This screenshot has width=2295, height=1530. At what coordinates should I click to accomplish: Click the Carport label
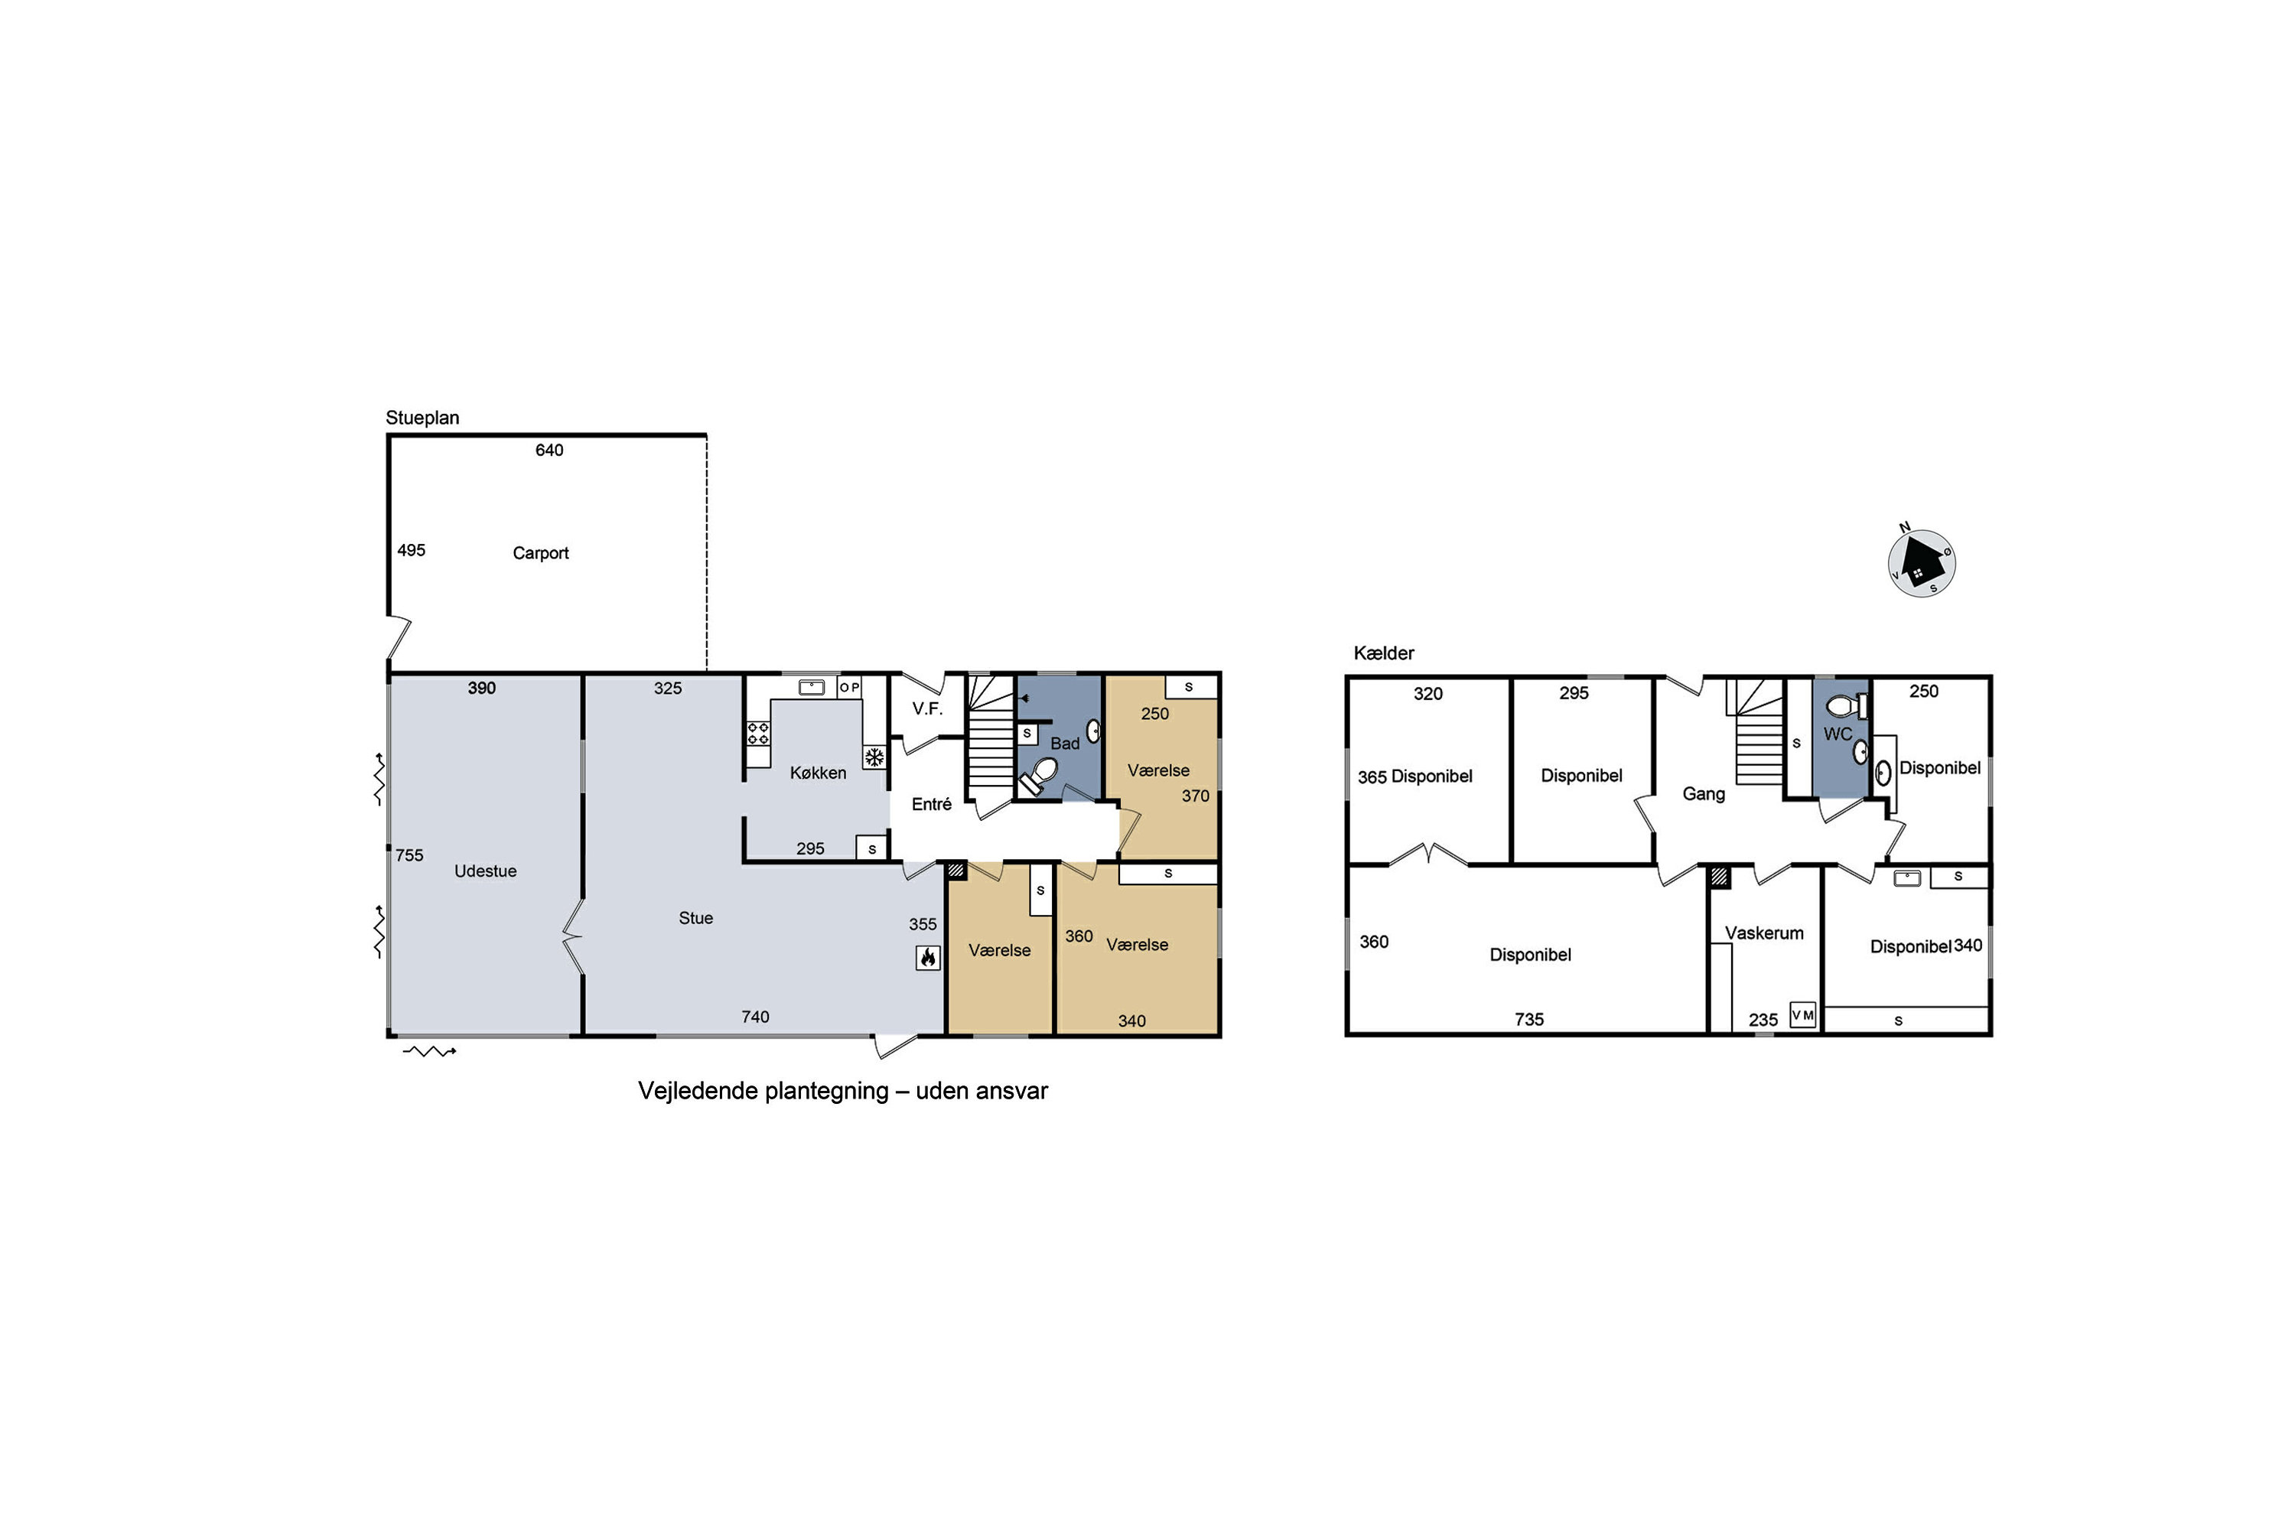point(541,553)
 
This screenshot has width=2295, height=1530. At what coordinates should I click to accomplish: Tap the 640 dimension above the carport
point(549,450)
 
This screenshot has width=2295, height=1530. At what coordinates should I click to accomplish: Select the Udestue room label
point(485,871)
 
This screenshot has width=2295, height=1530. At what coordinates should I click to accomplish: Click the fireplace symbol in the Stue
point(928,957)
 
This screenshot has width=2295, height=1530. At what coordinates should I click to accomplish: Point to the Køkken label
point(818,773)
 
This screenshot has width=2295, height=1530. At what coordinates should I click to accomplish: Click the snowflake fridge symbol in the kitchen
point(874,757)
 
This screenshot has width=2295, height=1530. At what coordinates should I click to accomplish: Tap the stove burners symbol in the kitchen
point(758,733)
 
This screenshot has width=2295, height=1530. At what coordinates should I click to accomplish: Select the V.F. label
point(927,709)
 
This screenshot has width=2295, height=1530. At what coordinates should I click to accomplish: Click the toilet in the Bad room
point(1038,776)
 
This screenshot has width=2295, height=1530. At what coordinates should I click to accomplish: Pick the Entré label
point(931,804)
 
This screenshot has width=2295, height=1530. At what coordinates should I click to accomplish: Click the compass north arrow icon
point(1921,563)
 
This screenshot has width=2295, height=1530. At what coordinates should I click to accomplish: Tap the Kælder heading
point(1384,653)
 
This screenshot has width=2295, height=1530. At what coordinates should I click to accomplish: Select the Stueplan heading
point(422,418)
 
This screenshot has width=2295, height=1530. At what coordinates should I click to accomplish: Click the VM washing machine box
point(1802,1015)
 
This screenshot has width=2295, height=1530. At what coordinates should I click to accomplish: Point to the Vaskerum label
point(1764,933)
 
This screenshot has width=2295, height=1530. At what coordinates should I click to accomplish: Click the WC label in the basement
point(1838,734)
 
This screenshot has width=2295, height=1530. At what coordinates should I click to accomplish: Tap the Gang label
point(1704,794)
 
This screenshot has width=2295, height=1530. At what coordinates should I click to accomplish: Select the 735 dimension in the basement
point(1529,1020)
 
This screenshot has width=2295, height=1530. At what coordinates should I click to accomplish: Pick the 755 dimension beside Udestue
point(410,856)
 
